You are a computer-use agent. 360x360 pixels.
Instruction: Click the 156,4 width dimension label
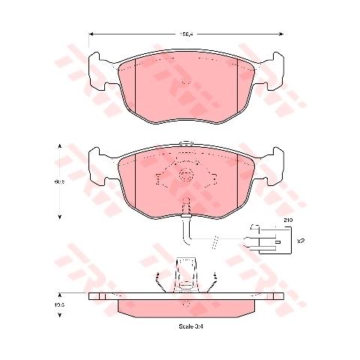[183, 34]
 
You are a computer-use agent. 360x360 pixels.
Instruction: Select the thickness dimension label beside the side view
[57, 306]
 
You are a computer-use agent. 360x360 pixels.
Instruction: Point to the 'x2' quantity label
[300, 241]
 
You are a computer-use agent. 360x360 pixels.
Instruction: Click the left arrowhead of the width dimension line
[91, 34]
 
